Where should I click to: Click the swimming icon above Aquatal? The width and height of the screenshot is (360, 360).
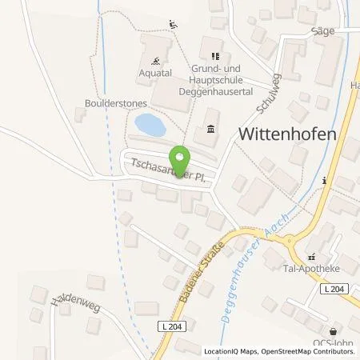[155, 59]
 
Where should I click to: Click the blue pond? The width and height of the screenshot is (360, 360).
[150, 124]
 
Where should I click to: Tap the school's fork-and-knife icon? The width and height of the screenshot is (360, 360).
[214, 56]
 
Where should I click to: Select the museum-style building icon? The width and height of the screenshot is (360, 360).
[210, 129]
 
